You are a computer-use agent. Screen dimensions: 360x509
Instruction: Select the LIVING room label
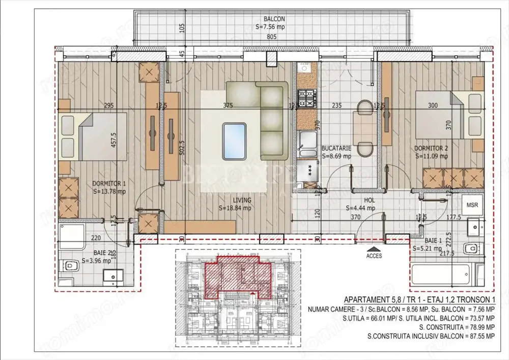[x=235, y=200]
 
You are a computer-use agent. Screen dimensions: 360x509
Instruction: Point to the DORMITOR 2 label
[x=431, y=149]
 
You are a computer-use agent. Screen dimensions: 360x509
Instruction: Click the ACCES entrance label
[x=374, y=256]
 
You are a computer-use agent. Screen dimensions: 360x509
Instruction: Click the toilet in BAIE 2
[x=68, y=265]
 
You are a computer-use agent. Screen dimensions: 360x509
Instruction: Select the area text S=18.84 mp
[x=235, y=208]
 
